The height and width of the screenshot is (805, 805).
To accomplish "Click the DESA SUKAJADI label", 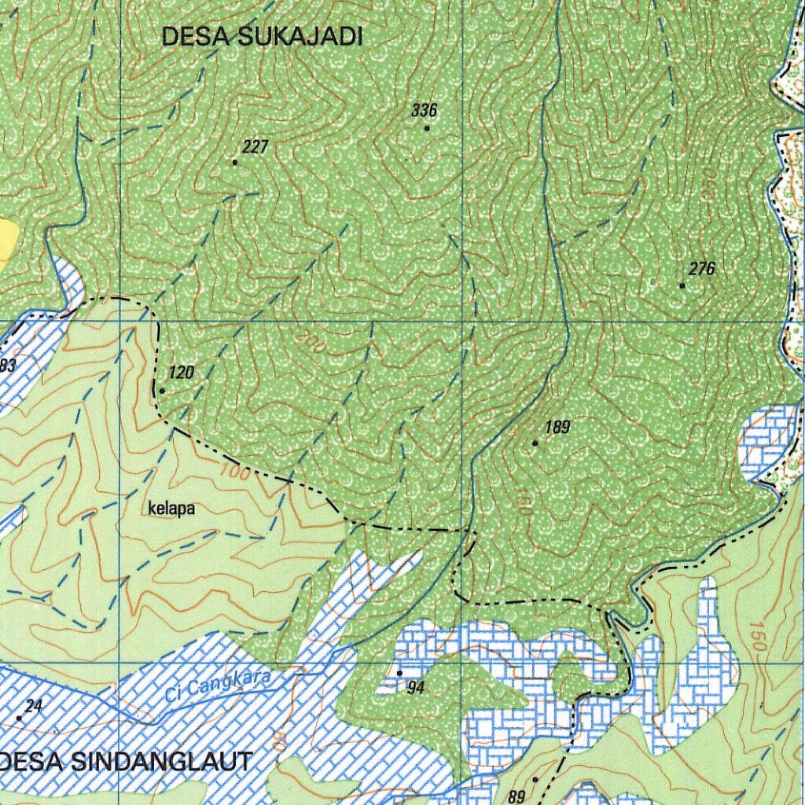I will point(262,37).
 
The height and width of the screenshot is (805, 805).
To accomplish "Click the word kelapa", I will point(171,509).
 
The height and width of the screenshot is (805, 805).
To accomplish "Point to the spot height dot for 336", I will point(427,128).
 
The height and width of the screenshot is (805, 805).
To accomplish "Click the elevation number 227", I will point(255,147).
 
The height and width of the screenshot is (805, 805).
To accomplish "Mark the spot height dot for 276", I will point(682,285).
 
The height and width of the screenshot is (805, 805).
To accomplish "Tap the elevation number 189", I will point(557,428).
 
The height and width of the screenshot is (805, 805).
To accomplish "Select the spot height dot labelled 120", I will point(162,390).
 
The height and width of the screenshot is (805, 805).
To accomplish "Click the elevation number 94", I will point(416,689).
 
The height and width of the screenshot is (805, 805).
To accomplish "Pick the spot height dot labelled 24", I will point(20,718).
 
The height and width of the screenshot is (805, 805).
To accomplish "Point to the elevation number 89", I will point(516,793).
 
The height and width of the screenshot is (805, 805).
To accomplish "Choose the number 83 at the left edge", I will point(7,365).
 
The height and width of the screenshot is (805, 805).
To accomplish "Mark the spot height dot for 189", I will point(535,443).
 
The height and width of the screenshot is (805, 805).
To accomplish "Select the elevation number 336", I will point(424,110).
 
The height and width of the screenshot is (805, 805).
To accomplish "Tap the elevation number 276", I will point(701,270).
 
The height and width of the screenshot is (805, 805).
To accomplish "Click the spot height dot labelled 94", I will point(399,673).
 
